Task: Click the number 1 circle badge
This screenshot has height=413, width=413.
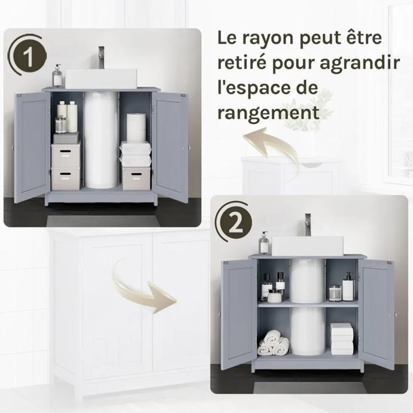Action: [29, 57]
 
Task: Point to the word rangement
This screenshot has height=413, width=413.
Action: [268, 113]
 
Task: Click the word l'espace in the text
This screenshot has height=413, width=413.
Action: [268, 88]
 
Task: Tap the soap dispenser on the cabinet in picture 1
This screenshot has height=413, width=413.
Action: [57, 75]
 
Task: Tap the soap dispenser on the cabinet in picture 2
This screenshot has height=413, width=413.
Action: [264, 243]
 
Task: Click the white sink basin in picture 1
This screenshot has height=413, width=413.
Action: [101, 79]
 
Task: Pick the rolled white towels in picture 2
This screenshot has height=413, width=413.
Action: [274, 342]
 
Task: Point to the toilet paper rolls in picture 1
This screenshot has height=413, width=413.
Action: [136, 127]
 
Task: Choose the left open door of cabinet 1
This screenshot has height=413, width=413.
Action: [32, 148]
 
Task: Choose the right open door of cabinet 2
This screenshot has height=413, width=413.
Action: [376, 314]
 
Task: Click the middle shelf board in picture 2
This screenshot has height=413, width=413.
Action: [308, 304]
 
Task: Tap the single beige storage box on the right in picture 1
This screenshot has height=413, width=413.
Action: [136, 178]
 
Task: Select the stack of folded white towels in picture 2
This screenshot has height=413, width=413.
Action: [342, 339]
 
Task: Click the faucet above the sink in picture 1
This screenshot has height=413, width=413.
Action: [101, 57]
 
